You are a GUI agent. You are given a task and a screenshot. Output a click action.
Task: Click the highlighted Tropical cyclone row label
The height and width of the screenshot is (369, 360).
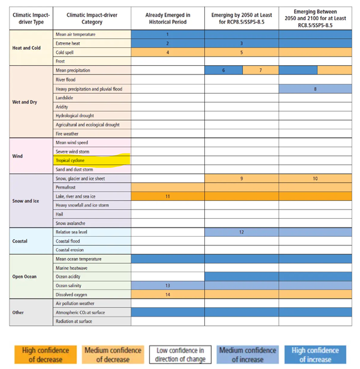[x=70, y=161]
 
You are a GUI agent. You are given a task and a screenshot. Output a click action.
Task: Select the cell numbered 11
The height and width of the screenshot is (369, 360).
[x=167, y=196]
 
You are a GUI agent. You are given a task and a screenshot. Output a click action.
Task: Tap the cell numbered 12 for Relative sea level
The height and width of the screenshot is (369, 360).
[x=241, y=232]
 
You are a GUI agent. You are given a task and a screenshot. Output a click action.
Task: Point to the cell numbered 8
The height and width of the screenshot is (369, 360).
[x=315, y=89]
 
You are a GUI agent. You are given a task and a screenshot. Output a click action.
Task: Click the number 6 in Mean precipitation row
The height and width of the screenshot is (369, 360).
[x=223, y=70]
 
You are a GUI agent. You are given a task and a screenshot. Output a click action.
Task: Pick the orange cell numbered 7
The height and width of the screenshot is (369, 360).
[x=260, y=70]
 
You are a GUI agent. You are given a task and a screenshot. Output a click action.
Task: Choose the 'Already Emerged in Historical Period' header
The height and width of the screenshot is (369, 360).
[x=167, y=18]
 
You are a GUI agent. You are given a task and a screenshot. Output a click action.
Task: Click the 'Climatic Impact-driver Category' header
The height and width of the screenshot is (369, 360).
[x=92, y=18]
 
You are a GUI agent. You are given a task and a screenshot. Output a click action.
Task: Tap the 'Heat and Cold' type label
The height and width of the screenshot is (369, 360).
[x=26, y=48]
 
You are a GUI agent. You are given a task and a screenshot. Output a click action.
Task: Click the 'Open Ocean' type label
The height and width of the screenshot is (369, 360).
[x=24, y=277]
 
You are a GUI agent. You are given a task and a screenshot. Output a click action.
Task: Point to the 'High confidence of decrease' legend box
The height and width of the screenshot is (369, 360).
[x=45, y=355]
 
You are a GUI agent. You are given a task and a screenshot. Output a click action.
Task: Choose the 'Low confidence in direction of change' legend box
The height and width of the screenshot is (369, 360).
[x=181, y=355]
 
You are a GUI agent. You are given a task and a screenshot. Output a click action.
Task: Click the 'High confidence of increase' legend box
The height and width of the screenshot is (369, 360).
[x=315, y=355]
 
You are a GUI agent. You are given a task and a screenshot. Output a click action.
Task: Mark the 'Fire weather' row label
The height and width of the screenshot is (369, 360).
[x=67, y=133]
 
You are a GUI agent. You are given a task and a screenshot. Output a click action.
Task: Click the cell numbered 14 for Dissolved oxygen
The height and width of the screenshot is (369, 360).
[x=167, y=295]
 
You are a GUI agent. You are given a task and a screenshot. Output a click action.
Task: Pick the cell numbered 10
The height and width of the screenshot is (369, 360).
[x=315, y=178]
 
